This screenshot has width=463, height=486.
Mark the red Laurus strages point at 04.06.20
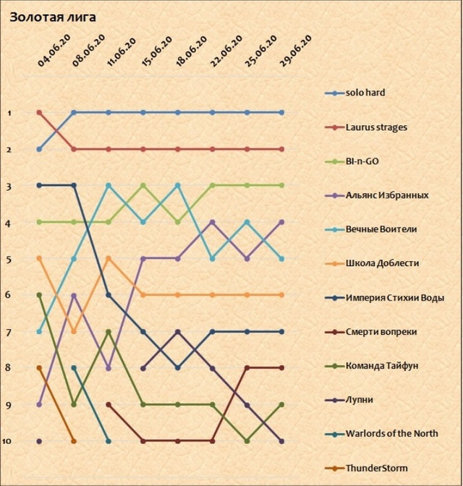click(39, 113)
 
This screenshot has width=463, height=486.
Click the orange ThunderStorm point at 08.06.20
click(74, 440)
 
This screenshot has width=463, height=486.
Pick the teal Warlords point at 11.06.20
click(109, 440)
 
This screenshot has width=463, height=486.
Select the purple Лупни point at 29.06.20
click(281, 440)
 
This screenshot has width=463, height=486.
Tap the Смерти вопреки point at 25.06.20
click(247, 367)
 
